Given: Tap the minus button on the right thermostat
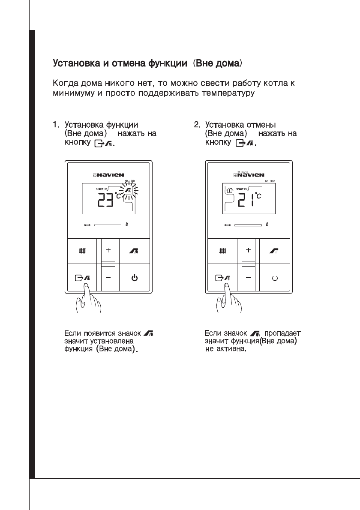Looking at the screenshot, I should [x=248, y=277].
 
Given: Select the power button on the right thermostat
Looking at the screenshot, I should [x=275, y=277].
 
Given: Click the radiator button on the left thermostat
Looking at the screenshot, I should [x=81, y=250].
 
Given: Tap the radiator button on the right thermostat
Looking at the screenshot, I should [x=221, y=250].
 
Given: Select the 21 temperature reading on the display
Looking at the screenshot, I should [x=246, y=199].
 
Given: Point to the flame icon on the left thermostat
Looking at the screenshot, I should [x=127, y=224].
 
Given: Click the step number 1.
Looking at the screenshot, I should [x=55, y=125].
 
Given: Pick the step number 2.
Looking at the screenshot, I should [x=197, y=125].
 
